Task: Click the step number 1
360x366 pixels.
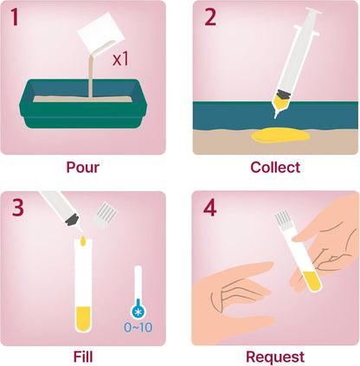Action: (x=15, y=17)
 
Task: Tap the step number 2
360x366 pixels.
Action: (x=210, y=17)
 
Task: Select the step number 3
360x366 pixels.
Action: (x=17, y=208)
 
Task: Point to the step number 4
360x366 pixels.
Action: (x=209, y=208)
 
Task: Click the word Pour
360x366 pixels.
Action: (x=83, y=167)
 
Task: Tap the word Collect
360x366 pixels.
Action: (x=275, y=167)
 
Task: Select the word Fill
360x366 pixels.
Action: (x=83, y=356)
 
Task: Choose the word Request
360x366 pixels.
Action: (x=275, y=357)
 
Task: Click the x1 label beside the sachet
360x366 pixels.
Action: (x=120, y=60)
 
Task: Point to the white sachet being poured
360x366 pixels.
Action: (x=101, y=31)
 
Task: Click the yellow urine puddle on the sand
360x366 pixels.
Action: (x=280, y=135)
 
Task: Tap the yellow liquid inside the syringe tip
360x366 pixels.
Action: (x=280, y=103)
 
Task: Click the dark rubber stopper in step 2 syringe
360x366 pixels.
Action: (x=285, y=94)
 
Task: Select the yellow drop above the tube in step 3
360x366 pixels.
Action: (x=83, y=241)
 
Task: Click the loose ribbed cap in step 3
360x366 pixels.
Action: (x=106, y=215)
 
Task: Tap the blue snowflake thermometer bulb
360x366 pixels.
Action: (x=138, y=311)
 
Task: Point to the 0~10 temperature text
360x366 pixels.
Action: (x=138, y=327)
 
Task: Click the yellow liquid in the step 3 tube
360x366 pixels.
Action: (x=83, y=318)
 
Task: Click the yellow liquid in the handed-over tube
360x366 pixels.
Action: (x=312, y=281)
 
